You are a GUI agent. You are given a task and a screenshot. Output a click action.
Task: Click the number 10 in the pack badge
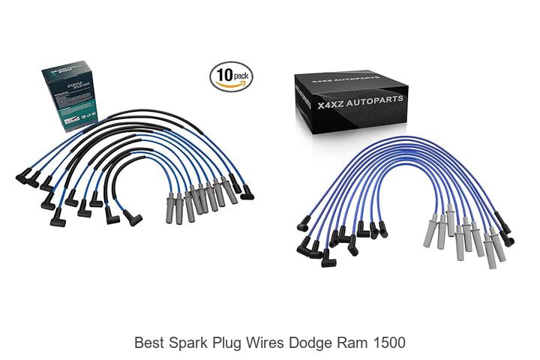click(224, 75)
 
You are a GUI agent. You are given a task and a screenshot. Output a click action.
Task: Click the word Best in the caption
click(148, 343)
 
